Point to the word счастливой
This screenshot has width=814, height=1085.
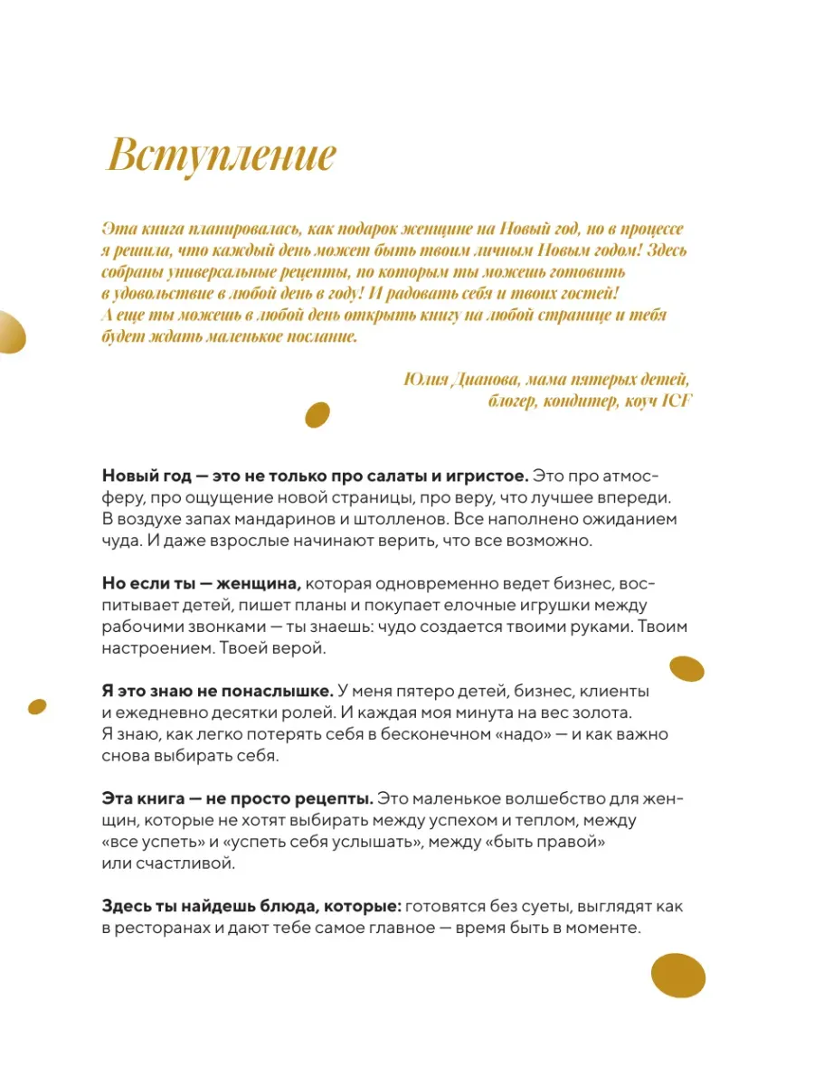pos(184,863)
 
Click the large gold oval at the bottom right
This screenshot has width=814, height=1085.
pos(678,976)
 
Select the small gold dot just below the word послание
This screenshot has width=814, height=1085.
pos(317,414)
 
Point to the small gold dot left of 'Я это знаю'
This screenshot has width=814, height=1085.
pos(38,705)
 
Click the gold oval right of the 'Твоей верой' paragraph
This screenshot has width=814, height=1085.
pos(686,669)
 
